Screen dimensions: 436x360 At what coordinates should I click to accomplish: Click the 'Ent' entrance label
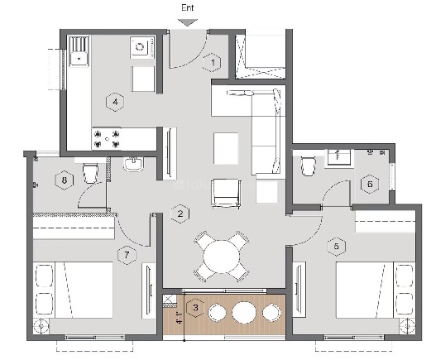point(188,7)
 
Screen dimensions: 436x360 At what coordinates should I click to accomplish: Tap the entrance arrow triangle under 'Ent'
point(188,22)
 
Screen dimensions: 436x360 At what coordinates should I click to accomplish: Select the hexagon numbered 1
point(212,62)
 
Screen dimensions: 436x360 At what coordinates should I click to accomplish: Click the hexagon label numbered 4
point(115,102)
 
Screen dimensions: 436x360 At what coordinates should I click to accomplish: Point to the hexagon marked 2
point(180,214)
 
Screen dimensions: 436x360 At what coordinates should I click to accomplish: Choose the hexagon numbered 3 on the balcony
point(195,308)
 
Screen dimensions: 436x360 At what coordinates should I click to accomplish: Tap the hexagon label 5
point(337,247)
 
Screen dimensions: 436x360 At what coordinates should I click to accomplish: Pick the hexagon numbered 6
point(370,184)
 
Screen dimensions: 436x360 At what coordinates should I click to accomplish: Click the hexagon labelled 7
point(127,255)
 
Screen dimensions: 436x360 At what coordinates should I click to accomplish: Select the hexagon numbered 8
point(65,180)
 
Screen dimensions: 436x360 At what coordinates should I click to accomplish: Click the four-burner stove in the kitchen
point(107,139)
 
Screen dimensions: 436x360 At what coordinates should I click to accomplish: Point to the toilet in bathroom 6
point(308,166)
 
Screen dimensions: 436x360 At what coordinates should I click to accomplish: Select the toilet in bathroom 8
point(91,173)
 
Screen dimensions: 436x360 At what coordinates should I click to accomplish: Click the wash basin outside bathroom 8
point(134,164)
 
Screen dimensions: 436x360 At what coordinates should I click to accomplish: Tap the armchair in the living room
point(226,194)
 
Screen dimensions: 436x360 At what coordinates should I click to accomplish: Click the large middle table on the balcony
point(244,312)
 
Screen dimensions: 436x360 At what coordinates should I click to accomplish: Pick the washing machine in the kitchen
point(142,47)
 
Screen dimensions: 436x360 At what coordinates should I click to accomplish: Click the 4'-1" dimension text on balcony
point(180,318)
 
